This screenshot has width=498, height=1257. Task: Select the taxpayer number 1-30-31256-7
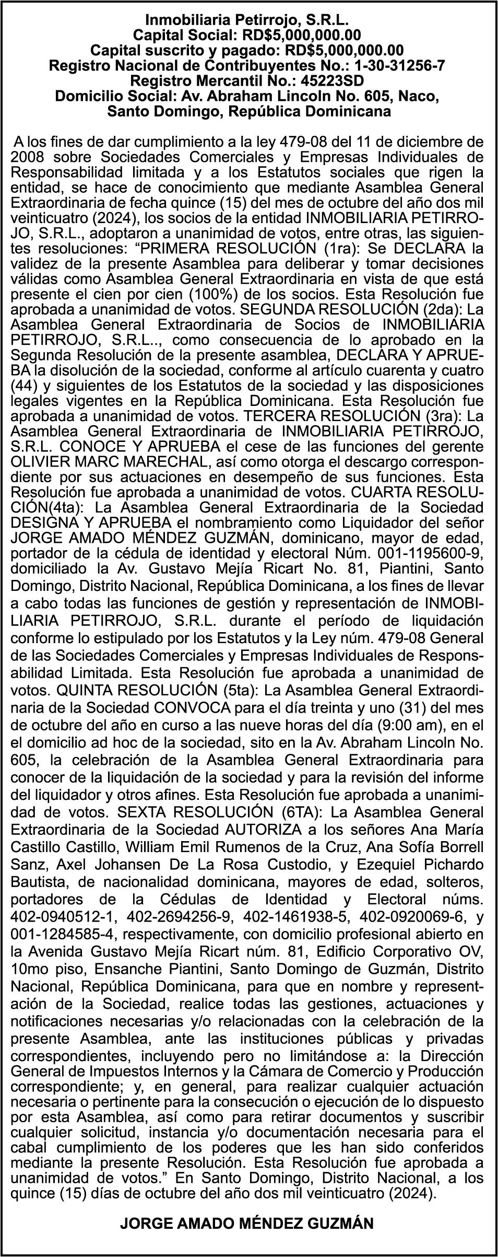pos(400,66)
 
